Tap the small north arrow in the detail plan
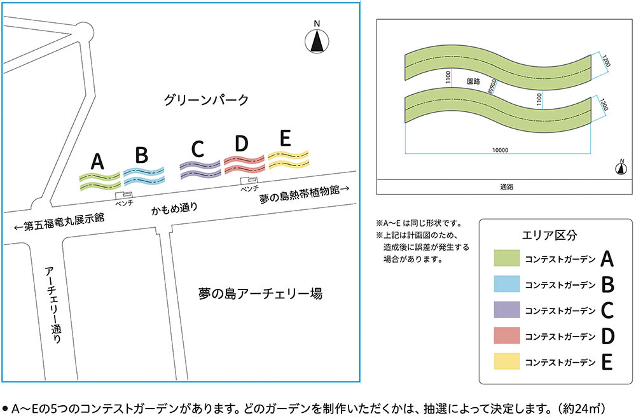(619, 168)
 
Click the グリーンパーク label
(205, 100)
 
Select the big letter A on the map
(97, 161)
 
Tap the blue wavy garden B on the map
(144, 174)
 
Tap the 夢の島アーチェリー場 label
(259, 294)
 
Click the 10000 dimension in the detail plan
(500, 150)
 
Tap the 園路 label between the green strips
(473, 82)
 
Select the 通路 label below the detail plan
(506, 187)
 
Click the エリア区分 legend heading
(549, 234)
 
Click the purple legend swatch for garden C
(507, 310)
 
